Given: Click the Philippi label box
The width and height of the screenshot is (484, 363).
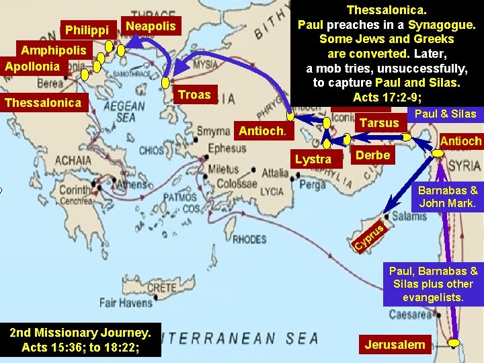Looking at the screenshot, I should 87,30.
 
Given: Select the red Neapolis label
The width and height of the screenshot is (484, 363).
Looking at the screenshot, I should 151,26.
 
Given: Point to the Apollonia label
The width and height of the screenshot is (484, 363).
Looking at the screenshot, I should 32,66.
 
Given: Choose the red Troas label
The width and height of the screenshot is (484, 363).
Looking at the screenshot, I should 194,95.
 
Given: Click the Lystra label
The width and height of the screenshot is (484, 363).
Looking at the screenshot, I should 313,159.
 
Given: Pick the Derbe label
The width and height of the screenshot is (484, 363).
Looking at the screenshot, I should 372,155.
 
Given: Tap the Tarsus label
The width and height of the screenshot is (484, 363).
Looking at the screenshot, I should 379,123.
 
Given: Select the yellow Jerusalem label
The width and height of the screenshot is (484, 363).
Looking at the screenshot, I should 395,345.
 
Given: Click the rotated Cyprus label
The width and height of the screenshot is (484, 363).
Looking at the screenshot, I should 369,237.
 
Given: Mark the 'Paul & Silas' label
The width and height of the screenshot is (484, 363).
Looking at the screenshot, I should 445,114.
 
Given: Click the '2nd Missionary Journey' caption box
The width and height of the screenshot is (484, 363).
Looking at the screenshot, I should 81,339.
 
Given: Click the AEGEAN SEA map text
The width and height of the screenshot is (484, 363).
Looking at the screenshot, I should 124,112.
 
